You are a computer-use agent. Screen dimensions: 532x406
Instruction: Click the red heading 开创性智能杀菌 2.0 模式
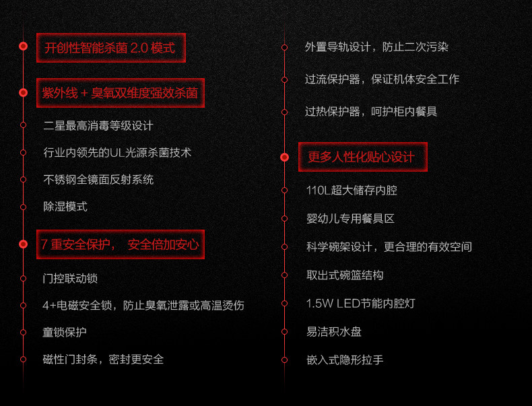click(110, 48)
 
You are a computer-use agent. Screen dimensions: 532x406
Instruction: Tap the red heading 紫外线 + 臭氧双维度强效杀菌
click(120, 93)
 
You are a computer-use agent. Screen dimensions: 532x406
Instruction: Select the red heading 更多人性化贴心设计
click(362, 157)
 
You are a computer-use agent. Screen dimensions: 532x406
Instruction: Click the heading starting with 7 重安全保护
click(120, 244)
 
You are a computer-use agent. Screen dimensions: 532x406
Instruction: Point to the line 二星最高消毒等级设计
click(98, 126)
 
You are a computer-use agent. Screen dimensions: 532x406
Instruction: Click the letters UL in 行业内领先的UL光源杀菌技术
click(117, 153)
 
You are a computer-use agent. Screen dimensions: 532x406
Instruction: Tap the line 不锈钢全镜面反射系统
click(98, 179)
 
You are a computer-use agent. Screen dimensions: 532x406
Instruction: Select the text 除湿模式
click(65, 207)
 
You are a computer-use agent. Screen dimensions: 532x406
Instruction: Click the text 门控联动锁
click(70, 279)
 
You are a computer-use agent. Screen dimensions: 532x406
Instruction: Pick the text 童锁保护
click(65, 332)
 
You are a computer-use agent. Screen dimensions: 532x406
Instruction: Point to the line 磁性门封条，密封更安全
click(103, 359)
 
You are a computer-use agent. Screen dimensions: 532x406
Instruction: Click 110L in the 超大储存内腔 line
click(319, 191)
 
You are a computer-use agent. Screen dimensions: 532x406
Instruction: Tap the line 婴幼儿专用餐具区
click(350, 219)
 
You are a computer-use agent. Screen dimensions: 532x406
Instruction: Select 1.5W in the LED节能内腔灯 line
click(320, 303)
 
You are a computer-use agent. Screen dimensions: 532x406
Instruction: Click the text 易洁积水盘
click(334, 331)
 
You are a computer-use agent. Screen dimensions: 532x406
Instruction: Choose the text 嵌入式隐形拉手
click(345, 360)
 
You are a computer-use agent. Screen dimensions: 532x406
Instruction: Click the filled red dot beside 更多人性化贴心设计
click(285, 157)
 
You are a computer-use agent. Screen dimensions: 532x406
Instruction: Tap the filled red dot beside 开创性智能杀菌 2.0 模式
click(23, 46)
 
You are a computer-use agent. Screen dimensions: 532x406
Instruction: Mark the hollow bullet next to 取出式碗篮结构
click(285, 275)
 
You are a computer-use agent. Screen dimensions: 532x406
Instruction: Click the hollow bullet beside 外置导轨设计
click(285, 48)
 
